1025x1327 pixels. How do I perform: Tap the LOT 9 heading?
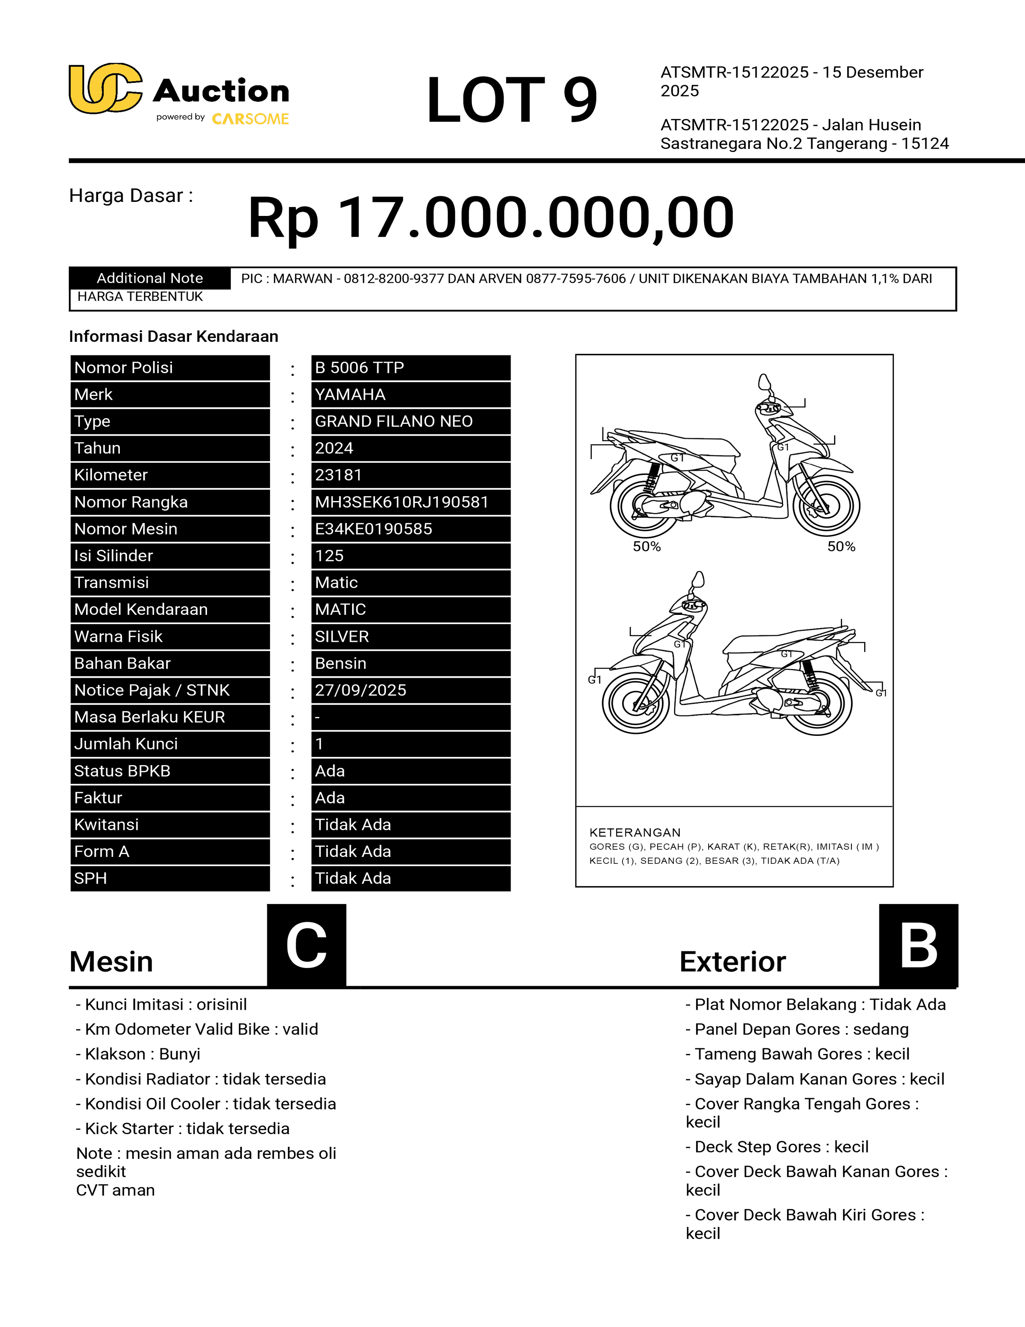(x=511, y=100)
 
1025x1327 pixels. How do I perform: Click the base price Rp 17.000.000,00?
(x=491, y=218)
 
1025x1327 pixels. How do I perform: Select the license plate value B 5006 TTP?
(x=359, y=368)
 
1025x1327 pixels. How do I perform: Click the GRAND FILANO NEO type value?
(x=394, y=421)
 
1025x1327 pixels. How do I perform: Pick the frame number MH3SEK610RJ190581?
(x=402, y=502)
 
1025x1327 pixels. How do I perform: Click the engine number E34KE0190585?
(x=373, y=529)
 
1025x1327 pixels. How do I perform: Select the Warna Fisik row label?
(x=119, y=636)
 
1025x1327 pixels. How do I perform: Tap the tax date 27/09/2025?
(x=360, y=690)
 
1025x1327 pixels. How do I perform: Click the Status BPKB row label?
(x=122, y=770)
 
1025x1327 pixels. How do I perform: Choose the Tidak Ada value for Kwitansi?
(x=353, y=824)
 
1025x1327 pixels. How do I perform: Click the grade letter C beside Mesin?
(x=307, y=945)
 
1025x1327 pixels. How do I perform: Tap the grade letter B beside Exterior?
(x=918, y=945)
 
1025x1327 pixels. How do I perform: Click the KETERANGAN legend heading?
(x=635, y=832)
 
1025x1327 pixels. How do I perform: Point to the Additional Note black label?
(x=150, y=278)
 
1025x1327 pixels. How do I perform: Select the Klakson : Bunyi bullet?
(x=138, y=1054)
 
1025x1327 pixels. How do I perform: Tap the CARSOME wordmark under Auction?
(x=250, y=119)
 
